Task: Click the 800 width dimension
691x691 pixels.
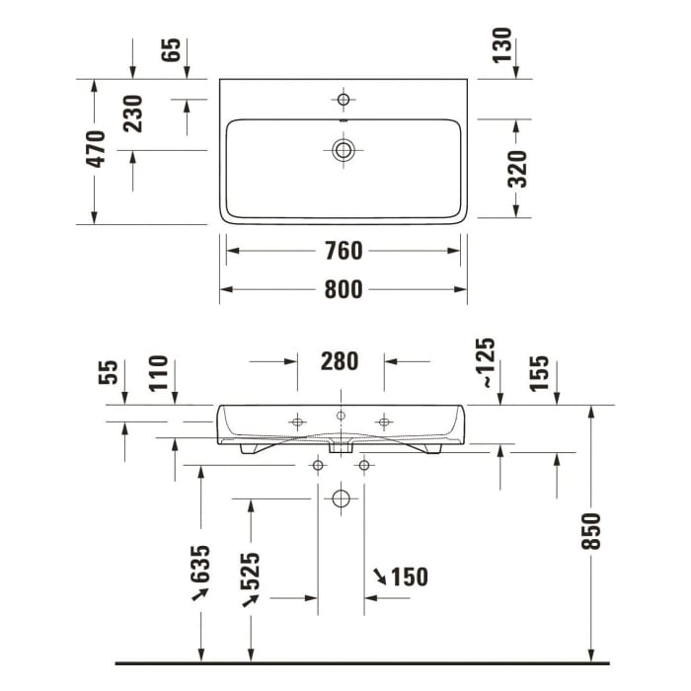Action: [x=344, y=289]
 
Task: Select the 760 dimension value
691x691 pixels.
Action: [x=344, y=251]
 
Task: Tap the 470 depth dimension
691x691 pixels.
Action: [x=96, y=149]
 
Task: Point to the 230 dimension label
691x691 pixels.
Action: [x=133, y=114]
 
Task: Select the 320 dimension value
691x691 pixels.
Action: [x=517, y=169]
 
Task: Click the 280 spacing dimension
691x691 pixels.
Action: [x=340, y=361]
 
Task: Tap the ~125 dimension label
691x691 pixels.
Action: [x=485, y=360]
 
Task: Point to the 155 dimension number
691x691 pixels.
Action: [x=540, y=374]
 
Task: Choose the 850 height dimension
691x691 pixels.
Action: [x=591, y=532]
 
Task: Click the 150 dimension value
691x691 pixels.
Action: [x=410, y=576]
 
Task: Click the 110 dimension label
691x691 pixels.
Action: [x=159, y=374]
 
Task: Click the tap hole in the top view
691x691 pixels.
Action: [x=344, y=99]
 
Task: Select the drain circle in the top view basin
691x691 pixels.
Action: [x=344, y=149]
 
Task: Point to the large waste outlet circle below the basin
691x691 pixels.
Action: [x=341, y=499]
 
